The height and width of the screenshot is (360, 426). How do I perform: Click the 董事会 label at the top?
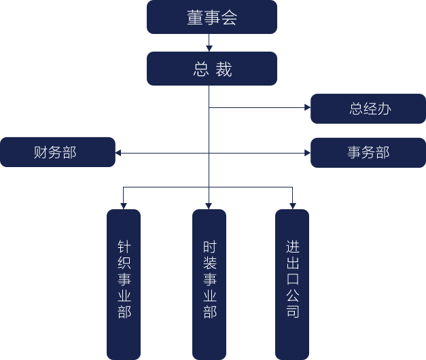pos(212,18)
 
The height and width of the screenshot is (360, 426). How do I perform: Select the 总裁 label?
pos(212,69)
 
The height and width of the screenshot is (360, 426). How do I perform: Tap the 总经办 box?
pos(370,109)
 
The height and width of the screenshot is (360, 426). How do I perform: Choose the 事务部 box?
pos(368,152)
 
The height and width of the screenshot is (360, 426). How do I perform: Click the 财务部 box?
pos(56,152)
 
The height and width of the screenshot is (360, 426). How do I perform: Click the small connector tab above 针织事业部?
pos(124,205)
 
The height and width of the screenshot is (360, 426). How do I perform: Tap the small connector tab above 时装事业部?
pos(209,205)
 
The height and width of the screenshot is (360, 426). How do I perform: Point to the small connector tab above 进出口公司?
pos(292,205)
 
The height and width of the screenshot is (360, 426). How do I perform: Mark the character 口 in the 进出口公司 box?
pos(292,279)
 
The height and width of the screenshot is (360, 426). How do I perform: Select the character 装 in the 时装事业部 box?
pos(209,264)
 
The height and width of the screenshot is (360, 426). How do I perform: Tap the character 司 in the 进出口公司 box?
pos(292,312)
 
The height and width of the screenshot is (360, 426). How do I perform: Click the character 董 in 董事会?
pos(195,18)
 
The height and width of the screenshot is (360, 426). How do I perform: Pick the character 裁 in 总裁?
pos(224,69)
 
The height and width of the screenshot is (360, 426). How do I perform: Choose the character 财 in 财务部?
pos(41,152)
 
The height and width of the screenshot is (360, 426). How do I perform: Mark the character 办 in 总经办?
pos(385,109)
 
